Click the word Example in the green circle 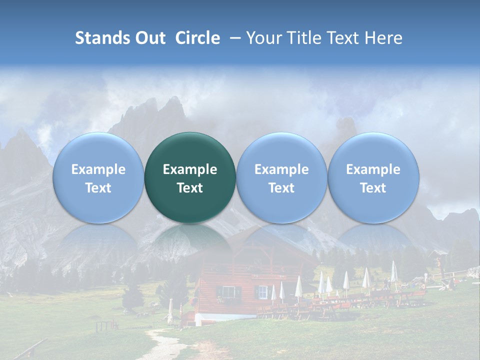[x=190, y=169]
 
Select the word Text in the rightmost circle [x=373, y=188]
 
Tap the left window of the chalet [x=228, y=291]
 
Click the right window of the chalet [x=262, y=291]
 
